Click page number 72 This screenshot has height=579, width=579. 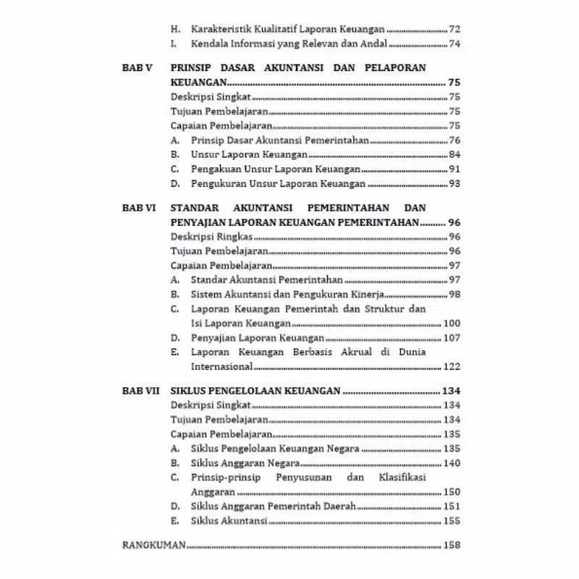click(455, 30)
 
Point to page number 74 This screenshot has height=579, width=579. click(455, 45)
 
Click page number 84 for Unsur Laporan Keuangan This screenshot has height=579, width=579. click(455, 155)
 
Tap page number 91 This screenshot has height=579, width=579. click(455, 169)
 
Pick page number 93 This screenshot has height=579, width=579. click(455, 184)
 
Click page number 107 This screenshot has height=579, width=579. click(452, 337)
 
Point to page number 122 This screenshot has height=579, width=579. click(452, 365)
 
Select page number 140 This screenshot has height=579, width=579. click(452, 462)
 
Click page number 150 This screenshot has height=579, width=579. click(452, 491)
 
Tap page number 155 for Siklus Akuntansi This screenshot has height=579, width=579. click(452, 520)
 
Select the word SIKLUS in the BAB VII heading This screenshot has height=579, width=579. click(190, 390)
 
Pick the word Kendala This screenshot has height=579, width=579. click(211, 45)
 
